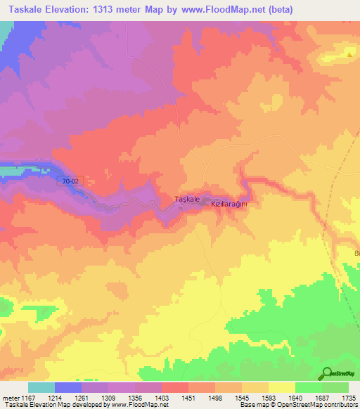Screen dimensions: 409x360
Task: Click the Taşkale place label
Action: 186,200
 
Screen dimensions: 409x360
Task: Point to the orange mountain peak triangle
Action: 349,54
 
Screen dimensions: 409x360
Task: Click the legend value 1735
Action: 349,398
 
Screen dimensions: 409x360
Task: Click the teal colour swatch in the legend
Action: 41,387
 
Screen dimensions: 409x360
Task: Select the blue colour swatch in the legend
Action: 68,387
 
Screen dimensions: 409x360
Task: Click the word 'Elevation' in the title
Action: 67,9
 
